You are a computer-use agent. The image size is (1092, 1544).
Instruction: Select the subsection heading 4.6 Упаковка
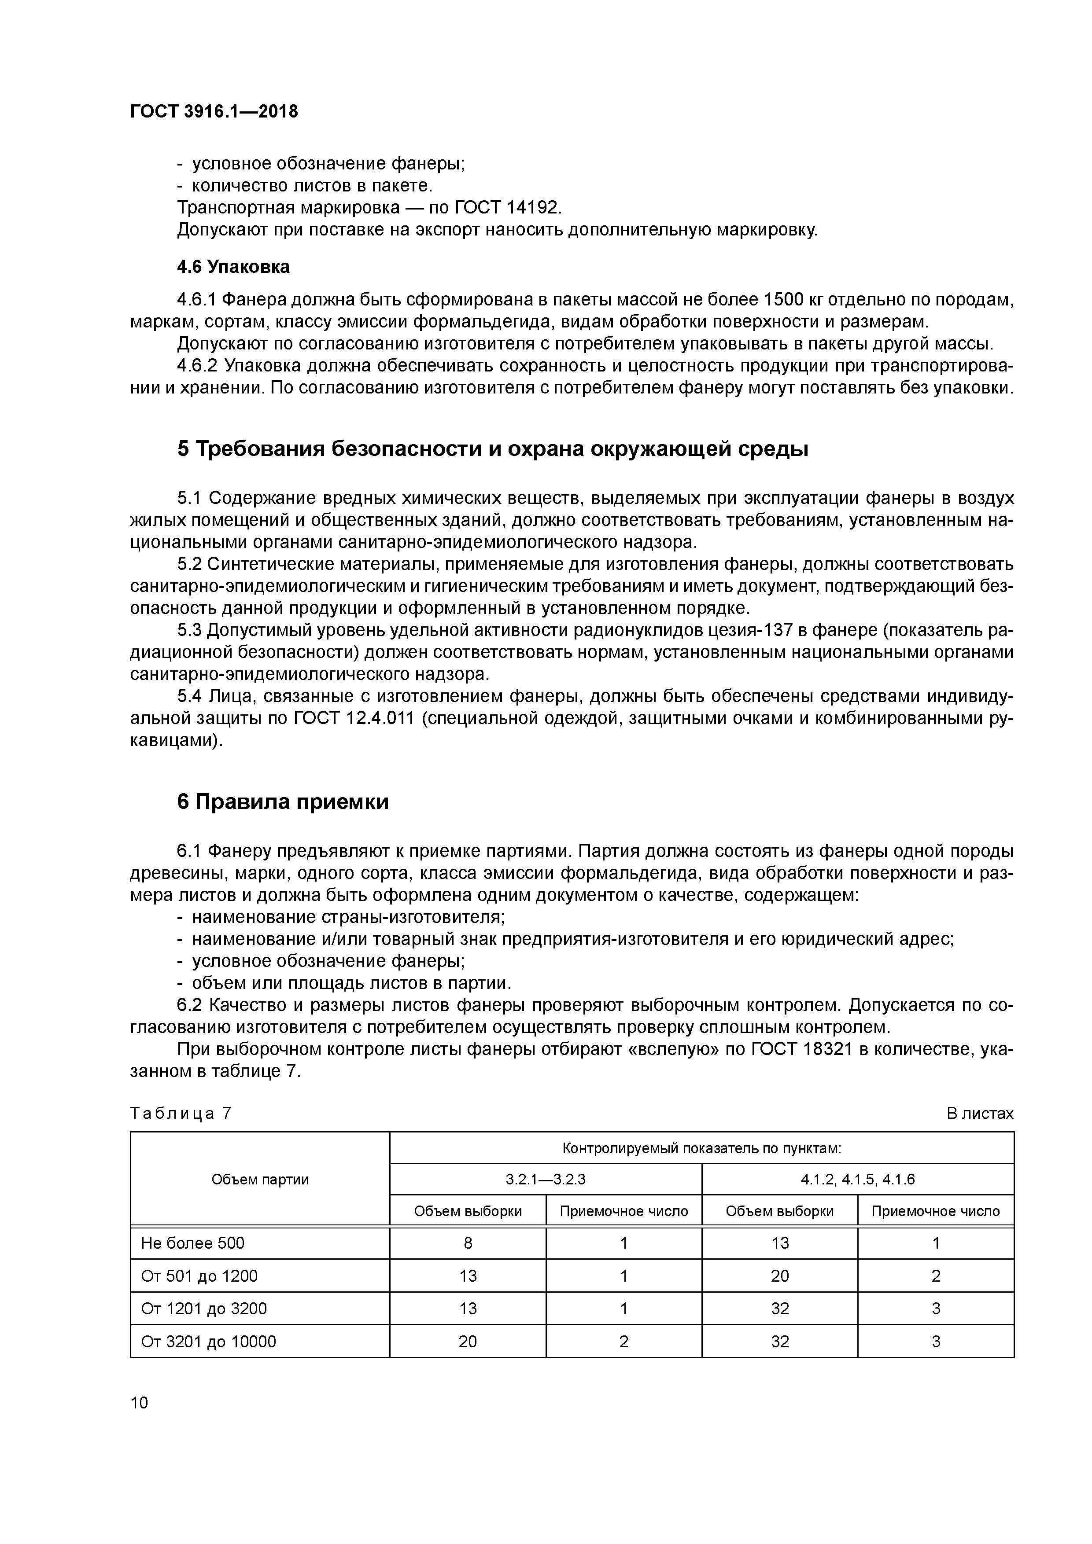(233, 267)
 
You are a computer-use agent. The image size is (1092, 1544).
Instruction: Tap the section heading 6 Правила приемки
(283, 802)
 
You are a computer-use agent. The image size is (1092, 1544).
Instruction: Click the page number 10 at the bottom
(139, 1403)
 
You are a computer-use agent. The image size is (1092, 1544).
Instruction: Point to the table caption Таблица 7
(181, 1114)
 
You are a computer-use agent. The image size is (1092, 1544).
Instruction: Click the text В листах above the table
(979, 1114)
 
